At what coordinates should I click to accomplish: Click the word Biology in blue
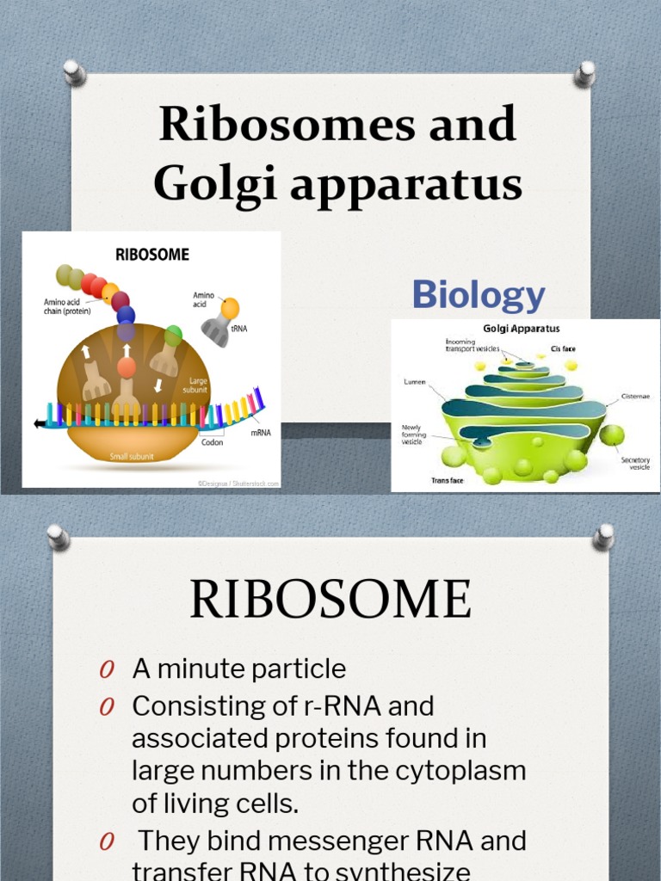(478, 294)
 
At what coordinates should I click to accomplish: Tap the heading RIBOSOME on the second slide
(330, 600)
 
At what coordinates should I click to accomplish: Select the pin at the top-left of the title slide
(75, 72)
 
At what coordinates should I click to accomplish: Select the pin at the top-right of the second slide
(604, 537)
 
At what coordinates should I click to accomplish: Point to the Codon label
(212, 442)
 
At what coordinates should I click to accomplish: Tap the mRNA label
(261, 433)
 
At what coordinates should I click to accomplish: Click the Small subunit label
(130, 456)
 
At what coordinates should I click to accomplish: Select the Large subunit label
(195, 385)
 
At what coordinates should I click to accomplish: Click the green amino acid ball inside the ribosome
(174, 335)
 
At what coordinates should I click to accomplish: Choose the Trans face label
(447, 480)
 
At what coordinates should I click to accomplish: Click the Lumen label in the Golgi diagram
(414, 382)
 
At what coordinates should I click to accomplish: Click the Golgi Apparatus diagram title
(522, 329)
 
